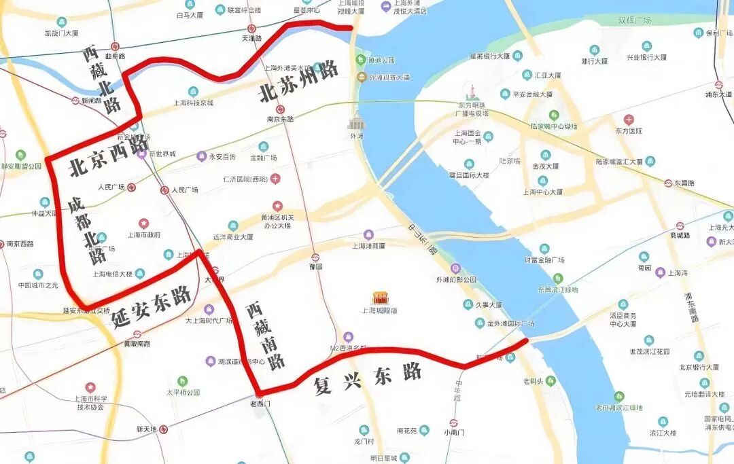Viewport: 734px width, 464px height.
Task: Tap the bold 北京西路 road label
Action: (109, 156)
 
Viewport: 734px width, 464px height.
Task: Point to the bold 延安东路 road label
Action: (152, 306)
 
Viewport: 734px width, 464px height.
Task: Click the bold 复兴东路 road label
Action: (368, 378)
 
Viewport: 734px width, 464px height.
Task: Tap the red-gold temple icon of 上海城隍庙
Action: (380, 298)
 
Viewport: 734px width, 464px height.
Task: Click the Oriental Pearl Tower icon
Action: (470, 92)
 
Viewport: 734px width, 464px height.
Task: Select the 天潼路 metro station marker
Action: (251, 29)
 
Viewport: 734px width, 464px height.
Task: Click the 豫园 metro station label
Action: (315, 267)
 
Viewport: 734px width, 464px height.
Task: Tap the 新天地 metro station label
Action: (146, 429)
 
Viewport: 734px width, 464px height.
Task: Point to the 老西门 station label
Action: (260, 404)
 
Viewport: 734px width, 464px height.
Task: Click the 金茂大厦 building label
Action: (545, 165)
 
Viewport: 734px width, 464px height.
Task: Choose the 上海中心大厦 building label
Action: (542, 192)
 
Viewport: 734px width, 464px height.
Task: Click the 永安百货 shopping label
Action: (222, 157)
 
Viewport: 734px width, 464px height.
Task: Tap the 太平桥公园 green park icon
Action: (182, 381)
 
